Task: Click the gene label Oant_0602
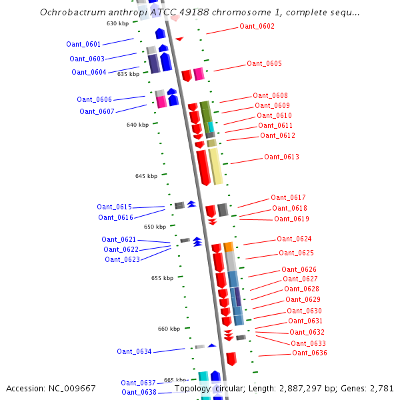(x=257, y=27)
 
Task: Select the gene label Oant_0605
(x=264, y=64)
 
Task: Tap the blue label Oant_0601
(x=83, y=44)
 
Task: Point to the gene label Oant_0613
(x=281, y=157)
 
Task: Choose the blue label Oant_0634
(x=134, y=351)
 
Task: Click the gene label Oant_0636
(x=309, y=353)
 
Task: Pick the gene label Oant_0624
(x=294, y=239)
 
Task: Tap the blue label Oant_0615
(x=114, y=207)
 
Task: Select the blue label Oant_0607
(x=97, y=111)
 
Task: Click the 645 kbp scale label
(x=146, y=176)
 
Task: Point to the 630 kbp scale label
(x=117, y=23)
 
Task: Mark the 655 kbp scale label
(x=162, y=278)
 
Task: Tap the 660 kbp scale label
(x=169, y=329)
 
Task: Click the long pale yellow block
(x=215, y=167)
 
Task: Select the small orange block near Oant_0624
(x=229, y=247)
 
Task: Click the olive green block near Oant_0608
(x=205, y=111)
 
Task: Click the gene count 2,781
(x=381, y=388)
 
